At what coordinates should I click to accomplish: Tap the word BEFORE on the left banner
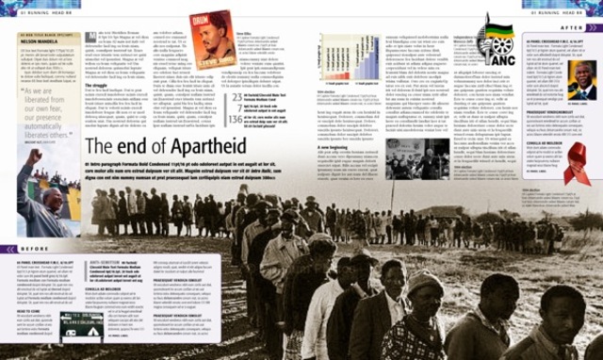(33, 249)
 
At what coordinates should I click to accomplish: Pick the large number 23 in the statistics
(237, 98)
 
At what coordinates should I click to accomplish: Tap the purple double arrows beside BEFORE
(8, 249)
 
